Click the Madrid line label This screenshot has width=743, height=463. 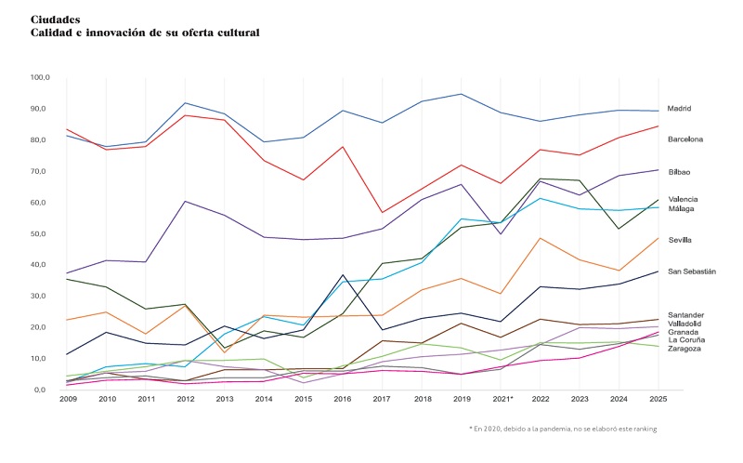(679, 109)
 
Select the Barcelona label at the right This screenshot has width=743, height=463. (685, 139)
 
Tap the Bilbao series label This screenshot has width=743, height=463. (679, 172)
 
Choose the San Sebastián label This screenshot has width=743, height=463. (692, 271)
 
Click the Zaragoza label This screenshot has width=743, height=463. (684, 349)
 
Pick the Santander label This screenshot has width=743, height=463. (685, 315)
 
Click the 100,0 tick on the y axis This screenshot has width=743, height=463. (43, 77)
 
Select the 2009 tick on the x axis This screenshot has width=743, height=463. (68, 400)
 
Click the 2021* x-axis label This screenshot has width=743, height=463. (502, 400)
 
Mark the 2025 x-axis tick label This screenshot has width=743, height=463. (657, 400)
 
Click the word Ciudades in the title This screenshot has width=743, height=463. (55, 19)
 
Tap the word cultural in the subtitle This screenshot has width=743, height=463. (235, 33)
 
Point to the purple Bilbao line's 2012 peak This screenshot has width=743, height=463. (187, 201)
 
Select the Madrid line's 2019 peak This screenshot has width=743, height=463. (462, 94)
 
